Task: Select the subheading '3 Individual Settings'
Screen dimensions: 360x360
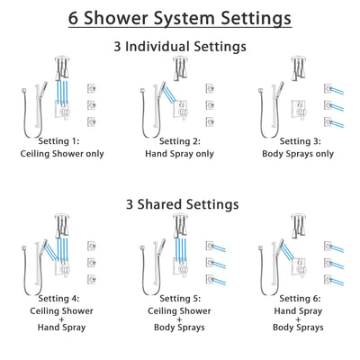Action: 180,44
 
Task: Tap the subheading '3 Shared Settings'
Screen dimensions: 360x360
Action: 180,204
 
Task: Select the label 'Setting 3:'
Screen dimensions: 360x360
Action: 297,141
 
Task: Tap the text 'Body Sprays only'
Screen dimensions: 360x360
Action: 297,153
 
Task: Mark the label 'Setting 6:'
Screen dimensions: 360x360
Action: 297,301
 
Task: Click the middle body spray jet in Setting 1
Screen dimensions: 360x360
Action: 92,104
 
